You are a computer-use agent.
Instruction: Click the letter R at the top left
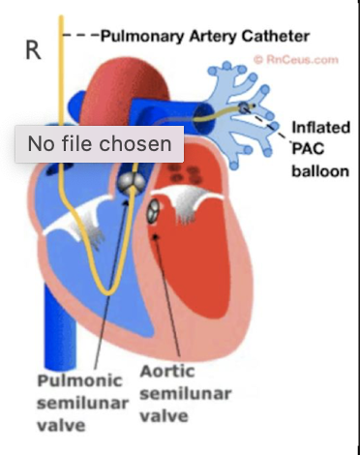(x=32, y=49)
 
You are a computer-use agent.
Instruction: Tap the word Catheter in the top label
(x=275, y=36)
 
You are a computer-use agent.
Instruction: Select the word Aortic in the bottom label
(x=166, y=372)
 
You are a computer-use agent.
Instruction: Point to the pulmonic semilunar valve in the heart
(x=133, y=180)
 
